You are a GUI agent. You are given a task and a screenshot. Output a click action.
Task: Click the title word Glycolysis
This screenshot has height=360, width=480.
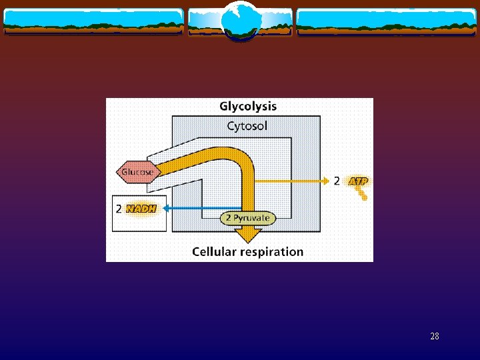(248, 106)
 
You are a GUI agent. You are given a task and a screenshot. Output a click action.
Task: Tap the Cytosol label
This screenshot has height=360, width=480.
(247, 126)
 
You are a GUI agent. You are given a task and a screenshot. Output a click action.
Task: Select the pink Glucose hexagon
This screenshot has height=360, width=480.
(137, 172)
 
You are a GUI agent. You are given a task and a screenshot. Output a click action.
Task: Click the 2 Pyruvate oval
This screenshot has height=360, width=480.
(247, 218)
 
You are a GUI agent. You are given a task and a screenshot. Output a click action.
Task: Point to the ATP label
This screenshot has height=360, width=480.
(359, 181)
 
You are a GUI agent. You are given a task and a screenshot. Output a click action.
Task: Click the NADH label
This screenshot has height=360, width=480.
(141, 209)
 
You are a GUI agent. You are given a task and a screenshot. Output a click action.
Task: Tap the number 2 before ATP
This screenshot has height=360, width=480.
(337, 181)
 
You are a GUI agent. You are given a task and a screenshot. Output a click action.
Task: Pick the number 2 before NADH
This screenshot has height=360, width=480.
(119, 209)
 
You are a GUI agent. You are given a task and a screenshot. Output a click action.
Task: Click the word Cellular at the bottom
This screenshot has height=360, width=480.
(213, 251)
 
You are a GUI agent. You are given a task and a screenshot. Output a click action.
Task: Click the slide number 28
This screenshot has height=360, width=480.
(435, 337)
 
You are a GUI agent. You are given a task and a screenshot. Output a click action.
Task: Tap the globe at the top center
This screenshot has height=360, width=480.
(239, 20)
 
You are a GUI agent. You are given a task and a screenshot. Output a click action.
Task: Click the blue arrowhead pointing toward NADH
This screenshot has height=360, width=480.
(167, 208)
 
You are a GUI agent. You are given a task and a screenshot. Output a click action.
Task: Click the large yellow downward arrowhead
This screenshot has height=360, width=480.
(248, 235)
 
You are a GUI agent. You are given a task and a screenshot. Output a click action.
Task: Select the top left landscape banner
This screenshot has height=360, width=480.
(93, 21)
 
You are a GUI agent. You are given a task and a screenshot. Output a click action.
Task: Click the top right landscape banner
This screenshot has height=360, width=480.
(387, 21)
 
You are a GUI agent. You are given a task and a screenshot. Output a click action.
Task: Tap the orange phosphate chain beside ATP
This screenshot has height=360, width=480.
(361, 193)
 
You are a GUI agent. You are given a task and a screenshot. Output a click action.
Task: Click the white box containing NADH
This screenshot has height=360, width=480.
(139, 213)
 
